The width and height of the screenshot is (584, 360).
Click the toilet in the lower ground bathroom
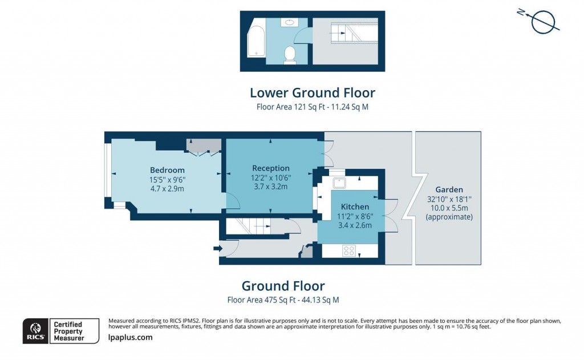click(290, 54)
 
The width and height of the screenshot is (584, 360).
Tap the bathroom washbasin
click(290, 23)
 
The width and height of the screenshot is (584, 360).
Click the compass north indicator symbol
click(542, 22)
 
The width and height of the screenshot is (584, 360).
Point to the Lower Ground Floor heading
click(313, 92)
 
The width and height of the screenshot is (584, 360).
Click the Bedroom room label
click(167, 170)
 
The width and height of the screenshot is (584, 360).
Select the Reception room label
click(271, 168)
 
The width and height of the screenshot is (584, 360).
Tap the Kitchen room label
click(355, 207)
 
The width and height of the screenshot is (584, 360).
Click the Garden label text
click(449, 189)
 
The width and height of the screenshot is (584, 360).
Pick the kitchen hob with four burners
click(348, 250)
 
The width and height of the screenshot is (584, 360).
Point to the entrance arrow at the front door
click(217, 248)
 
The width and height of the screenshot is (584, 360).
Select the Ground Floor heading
click(283, 286)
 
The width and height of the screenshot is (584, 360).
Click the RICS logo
click(35, 331)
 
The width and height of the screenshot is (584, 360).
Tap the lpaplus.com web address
click(130, 338)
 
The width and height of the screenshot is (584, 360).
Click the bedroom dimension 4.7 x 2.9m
click(167, 188)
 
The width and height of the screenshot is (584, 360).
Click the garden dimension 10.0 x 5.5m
click(449, 208)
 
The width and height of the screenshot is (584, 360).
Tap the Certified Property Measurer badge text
click(67, 331)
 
